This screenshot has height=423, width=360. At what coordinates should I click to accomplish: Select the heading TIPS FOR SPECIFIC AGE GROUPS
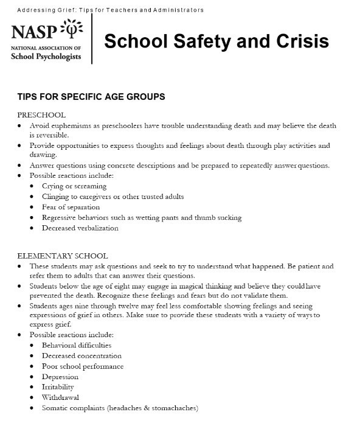91,97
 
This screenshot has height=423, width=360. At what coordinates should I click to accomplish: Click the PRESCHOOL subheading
41,115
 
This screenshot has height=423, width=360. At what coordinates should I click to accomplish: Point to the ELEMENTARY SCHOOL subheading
63,256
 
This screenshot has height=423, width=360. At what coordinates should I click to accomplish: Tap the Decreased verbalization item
80,228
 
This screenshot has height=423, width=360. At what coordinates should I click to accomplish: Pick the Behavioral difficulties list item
77,345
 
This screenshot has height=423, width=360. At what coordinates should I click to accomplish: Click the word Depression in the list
60,377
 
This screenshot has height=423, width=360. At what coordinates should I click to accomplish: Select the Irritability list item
58,387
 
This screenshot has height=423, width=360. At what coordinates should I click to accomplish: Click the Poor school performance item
83,366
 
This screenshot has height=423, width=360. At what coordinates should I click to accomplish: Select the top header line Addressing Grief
110,10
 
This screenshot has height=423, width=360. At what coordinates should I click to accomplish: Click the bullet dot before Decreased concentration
32,356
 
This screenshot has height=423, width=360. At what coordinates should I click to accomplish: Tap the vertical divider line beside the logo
92,39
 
